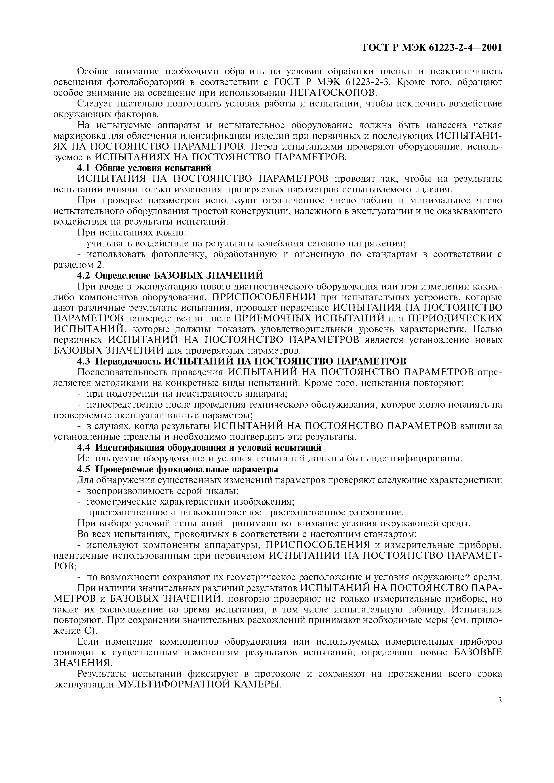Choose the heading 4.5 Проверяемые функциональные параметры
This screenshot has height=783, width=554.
[177, 469]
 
